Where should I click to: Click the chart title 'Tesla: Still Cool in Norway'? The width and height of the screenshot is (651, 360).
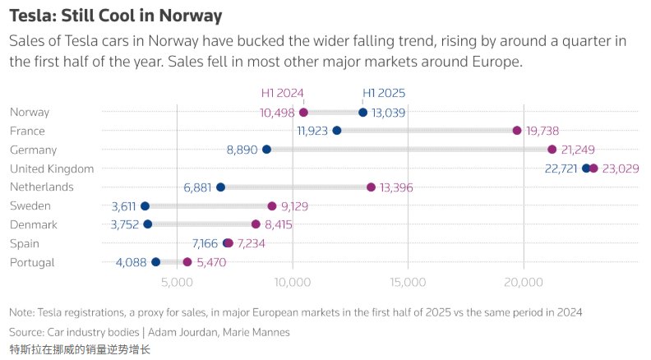click(x=115, y=16)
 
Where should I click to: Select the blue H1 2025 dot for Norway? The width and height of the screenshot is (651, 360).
click(x=362, y=113)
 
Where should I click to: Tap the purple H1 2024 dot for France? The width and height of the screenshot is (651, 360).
click(x=517, y=131)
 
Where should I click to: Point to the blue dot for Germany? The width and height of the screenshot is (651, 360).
click(x=266, y=150)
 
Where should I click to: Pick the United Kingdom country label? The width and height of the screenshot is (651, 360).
click(x=52, y=168)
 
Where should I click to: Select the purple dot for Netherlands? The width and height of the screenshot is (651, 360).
click(x=371, y=187)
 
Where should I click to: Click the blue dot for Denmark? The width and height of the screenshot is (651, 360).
click(x=148, y=224)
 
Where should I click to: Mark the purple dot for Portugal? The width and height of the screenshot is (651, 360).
click(x=187, y=262)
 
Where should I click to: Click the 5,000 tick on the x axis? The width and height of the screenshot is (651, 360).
click(x=177, y=283)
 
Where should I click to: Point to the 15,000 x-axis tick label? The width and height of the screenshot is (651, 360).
click(x=409, y=283)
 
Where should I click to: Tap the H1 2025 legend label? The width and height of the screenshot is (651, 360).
click(x=384, y=94)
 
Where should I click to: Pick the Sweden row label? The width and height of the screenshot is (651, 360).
click(x=30, y=205)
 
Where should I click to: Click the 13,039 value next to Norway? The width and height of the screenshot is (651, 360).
click(x=389, y=113)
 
